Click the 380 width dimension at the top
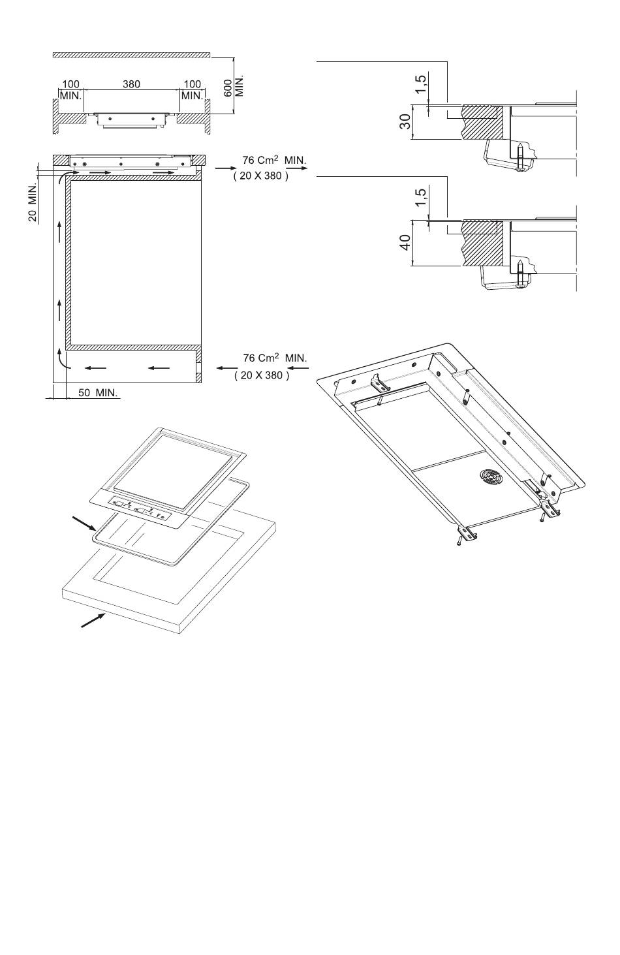click(x=131, y=84)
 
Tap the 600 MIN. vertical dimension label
click(x=234, y=87)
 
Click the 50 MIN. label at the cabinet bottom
click(x=98, y=393)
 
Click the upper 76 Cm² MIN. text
click(x=274, y=161)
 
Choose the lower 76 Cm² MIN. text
click(x=275, y=358)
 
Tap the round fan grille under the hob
click(x=491, y=477)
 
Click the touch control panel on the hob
click(x=140, y=510)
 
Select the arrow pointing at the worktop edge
click(x=93, y=620)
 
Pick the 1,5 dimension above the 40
click(x=420, y=197)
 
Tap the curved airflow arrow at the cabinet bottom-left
click(x=62, y=359)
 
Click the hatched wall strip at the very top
click(x=132, y=55)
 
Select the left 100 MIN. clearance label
click(x=70, y=90)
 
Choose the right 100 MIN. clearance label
click(x=192, y=90)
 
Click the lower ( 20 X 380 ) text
click(x=262, y=375)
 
